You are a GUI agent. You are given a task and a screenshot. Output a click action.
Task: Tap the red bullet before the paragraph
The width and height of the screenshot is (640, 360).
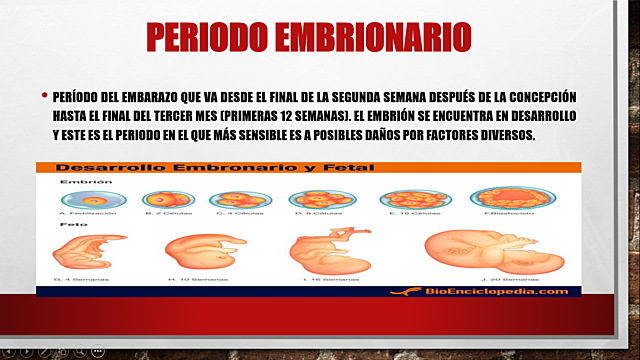pyautogui.click(x=44, y=97)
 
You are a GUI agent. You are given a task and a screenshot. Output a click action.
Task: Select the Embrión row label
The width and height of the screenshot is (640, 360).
pyautogui.click(x=79, y=183)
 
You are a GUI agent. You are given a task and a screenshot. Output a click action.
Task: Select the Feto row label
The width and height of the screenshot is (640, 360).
pyautogui.click(x=71, y=227)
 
